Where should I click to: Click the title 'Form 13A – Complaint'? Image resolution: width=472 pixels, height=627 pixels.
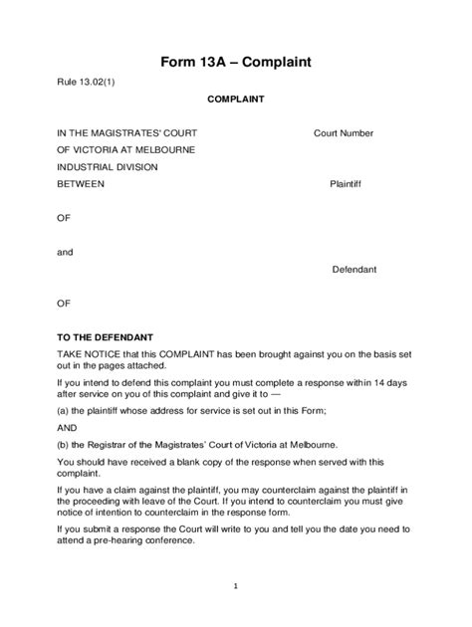click(x=236, y=62)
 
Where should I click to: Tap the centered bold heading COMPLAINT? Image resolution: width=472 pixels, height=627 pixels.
click(x=235, y=100)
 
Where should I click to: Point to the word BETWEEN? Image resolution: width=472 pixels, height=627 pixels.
click(x=81, y=184)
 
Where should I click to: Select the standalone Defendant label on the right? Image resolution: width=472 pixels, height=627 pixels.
click(x=354, y=270)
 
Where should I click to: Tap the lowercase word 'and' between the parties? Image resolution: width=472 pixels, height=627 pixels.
click(x=65, y=252)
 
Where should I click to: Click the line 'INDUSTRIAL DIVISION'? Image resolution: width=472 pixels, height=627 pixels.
click(x=108, y=166)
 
